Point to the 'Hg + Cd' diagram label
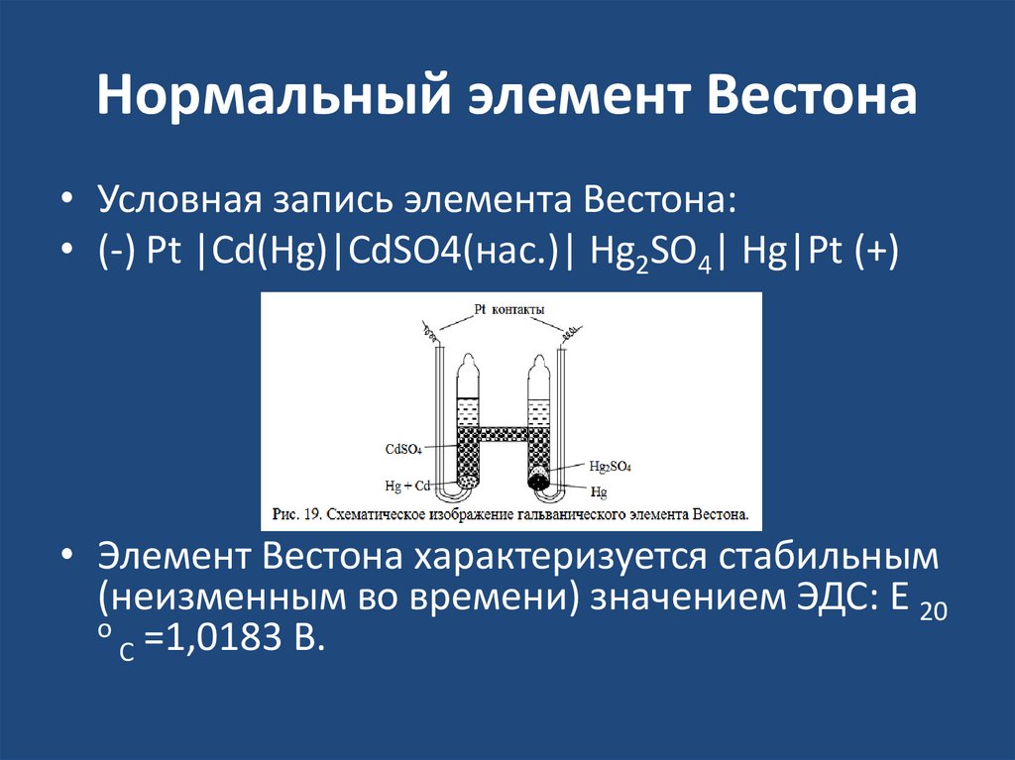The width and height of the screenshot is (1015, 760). (406, 486)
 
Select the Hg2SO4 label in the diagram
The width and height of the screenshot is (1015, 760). (610, 465)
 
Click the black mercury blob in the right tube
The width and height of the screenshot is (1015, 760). (539, 480)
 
